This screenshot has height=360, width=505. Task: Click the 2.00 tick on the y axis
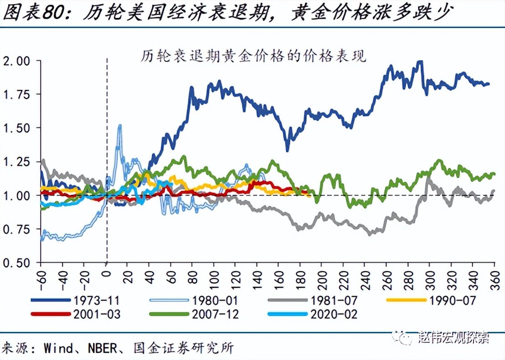click(x=16, y=61)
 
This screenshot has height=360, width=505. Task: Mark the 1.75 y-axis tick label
click(x=16, y=95)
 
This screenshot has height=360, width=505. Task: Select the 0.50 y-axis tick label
click(x=16, y=263)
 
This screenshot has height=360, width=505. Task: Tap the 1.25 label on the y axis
click(x=16, y=162)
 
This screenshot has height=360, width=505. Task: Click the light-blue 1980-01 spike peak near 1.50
click(x=120, y=125)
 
